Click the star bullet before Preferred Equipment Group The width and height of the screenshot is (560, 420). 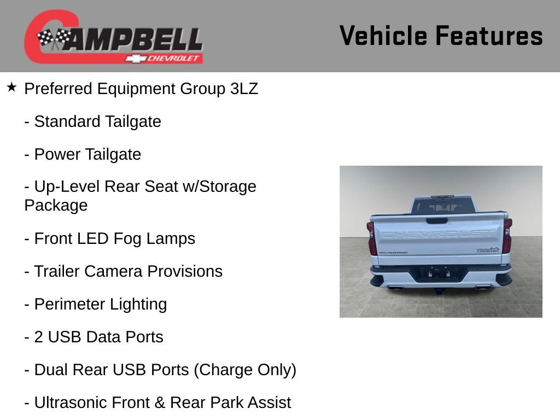11,87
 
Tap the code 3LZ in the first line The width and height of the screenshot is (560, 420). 244,89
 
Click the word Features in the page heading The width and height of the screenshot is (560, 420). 489,36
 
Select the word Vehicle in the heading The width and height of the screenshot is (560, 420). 383,36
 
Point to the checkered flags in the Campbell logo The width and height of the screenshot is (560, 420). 54,39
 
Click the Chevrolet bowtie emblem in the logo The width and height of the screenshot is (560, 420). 135,59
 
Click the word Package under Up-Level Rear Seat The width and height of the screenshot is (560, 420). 56,205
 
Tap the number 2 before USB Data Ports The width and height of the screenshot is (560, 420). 39,337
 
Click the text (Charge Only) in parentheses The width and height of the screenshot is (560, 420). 245,370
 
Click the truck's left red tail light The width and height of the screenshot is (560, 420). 372,238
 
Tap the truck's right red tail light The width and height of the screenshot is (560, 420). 508,236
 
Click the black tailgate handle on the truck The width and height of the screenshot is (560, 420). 436,220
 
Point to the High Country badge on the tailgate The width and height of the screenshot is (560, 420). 488,250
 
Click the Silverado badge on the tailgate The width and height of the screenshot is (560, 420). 393,253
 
